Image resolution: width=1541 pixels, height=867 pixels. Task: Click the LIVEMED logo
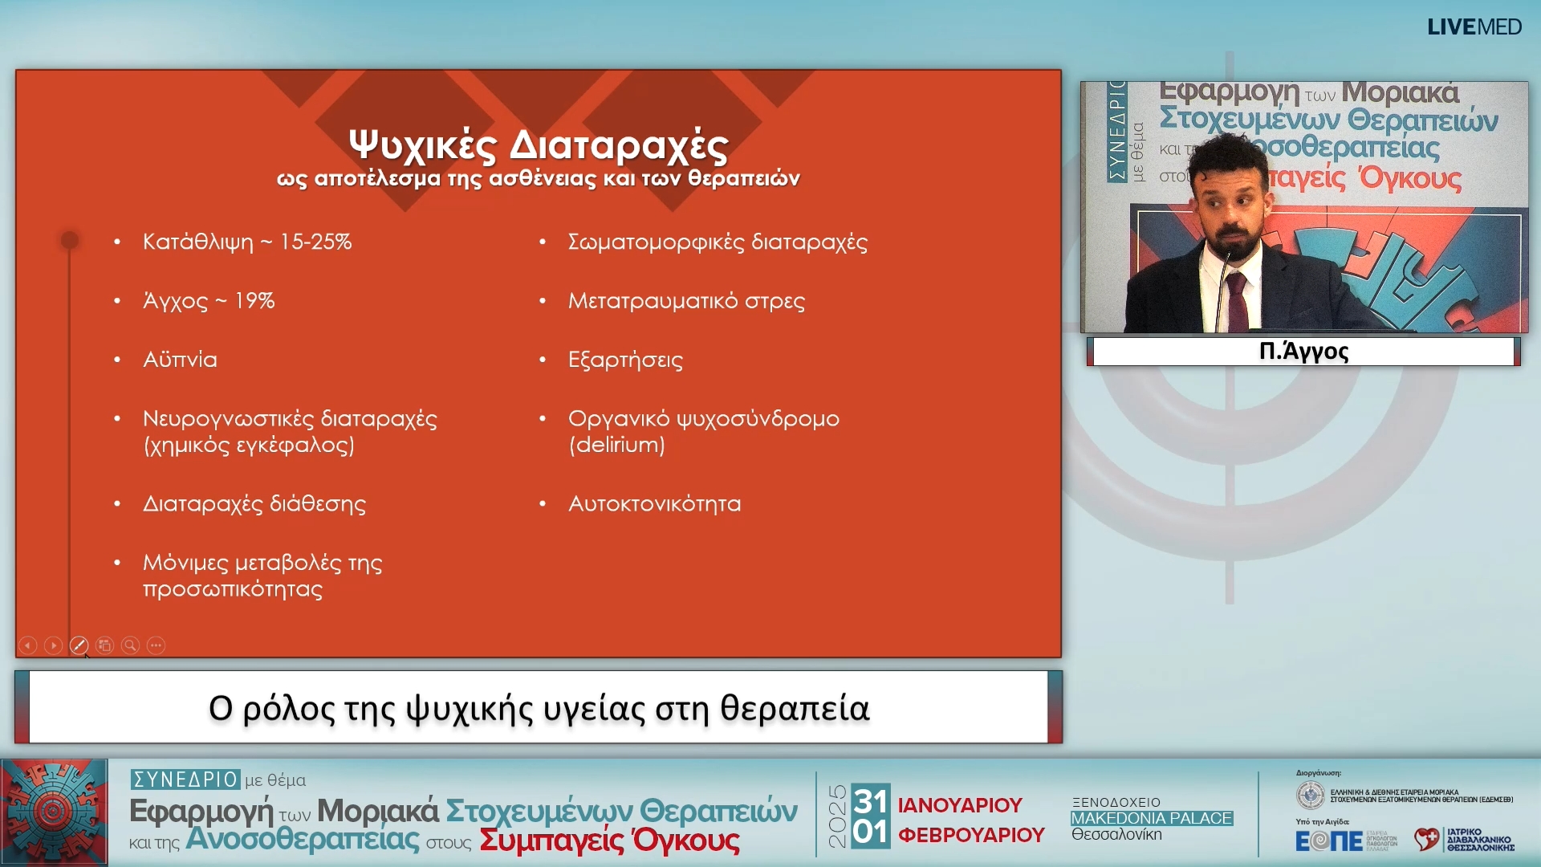click(x=1474, y=27)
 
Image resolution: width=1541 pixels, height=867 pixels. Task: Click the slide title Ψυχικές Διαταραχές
click(x=539, y=145)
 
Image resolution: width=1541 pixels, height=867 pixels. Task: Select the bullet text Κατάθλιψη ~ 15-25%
click(x=247, y=242)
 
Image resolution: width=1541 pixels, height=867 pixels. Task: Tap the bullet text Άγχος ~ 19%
click(x=209, y=301)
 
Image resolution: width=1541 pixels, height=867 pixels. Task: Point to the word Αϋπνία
click(x=180, y=360)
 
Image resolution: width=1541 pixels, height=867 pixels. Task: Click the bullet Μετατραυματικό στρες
click(x=686, y=301)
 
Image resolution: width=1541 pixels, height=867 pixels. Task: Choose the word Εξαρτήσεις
click(x=625, y=360)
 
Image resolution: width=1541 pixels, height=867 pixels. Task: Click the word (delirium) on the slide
click(x=616, y=445)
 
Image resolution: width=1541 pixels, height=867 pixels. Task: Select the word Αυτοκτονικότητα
click(x=654, y=504)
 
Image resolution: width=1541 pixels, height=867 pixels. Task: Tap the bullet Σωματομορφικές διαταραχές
click(x=718, y=242)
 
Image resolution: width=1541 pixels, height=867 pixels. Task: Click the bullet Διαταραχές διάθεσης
click(x=254, y=504)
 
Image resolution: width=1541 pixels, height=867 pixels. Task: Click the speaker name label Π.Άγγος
click(x=1303, y=352)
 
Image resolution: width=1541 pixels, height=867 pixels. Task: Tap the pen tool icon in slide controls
click(x=79, y=645)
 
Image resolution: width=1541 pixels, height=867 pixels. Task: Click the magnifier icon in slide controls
click(x=130, y=645)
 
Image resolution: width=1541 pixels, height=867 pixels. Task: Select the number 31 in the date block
click(x=870, y=800)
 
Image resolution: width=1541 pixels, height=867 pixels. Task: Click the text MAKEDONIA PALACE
click(x=1151, y=818)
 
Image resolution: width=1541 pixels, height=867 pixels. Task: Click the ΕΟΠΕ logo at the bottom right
click(x=1328, y=841)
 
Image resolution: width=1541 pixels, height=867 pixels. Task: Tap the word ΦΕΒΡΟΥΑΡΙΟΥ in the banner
click(x=971, y=836)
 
